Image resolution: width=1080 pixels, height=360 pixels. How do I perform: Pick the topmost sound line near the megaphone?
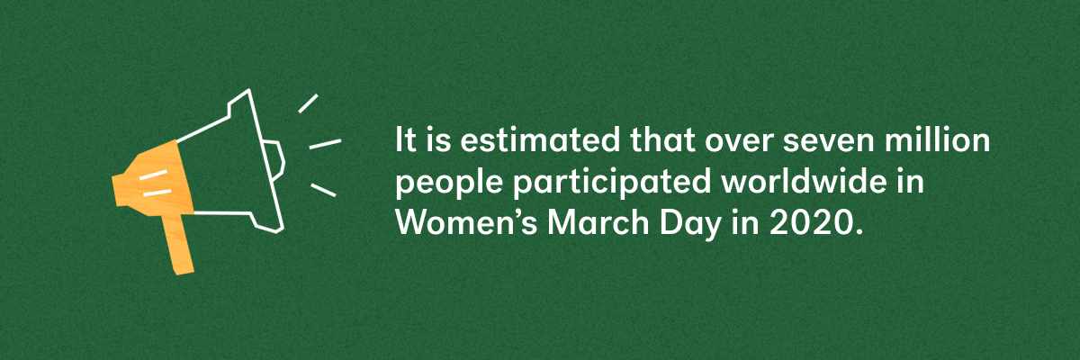[308, 103]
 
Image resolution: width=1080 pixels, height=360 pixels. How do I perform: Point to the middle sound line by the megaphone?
[325, 143]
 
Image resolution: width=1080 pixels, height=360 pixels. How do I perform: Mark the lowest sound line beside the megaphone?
[323, 189]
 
